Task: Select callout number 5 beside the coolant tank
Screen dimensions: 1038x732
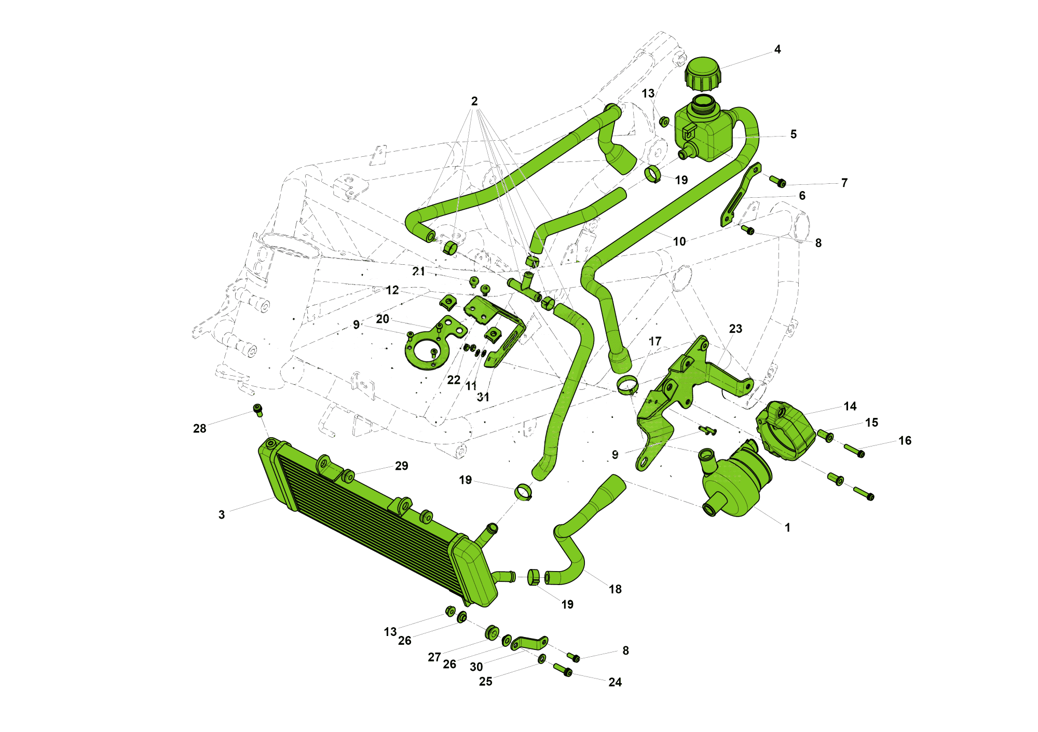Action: point(793,134)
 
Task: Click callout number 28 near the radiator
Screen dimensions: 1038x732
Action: point(200,428)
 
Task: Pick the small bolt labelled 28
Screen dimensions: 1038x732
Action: point(258,410)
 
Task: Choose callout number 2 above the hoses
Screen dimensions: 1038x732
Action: point(474,101)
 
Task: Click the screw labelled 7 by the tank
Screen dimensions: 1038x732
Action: point(777,181)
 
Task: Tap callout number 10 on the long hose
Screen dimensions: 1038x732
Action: point(679,241)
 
